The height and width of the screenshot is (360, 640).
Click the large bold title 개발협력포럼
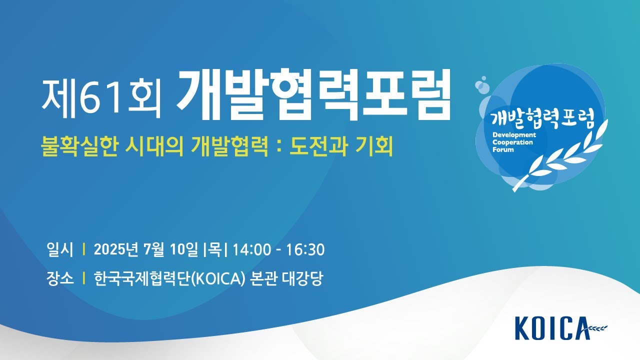point(313,94)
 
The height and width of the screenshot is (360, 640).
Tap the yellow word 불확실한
point(79,146)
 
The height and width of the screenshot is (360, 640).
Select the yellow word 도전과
point(318,146)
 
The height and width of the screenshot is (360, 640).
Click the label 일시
point(60,249)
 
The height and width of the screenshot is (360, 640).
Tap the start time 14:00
point(251,249)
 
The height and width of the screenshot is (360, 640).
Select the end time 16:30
point(305,249)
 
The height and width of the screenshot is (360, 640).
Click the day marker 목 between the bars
point(215,249)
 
